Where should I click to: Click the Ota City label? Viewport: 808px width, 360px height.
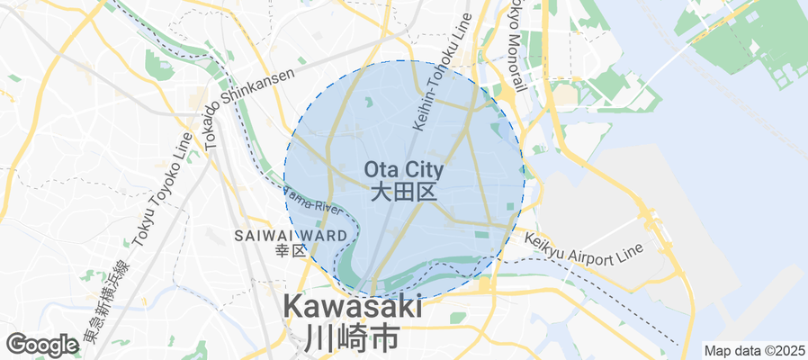point(404,168)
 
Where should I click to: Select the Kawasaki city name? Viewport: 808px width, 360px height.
point(354,306)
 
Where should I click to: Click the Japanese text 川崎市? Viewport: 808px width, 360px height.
point(352,338)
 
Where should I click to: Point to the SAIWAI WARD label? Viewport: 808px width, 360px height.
point(284,236)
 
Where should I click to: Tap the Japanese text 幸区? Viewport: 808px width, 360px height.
point(292,250)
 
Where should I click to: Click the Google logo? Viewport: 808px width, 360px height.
point(41,344)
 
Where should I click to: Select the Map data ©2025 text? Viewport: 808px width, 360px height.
point(754,351)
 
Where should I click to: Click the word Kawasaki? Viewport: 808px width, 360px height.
point(354,306)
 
